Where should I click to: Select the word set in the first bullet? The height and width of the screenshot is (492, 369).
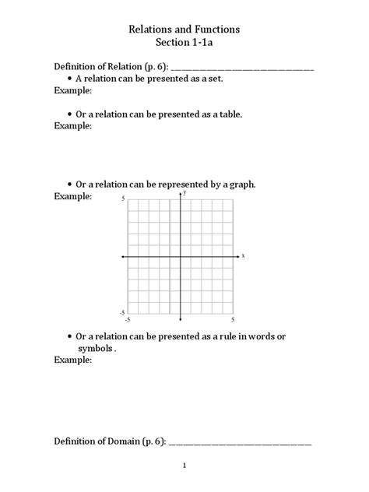click(x=216, y=79)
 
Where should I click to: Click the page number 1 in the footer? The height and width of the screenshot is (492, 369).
click(x=184, y=467)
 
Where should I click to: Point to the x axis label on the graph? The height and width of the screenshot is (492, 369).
click(x=243, y=255)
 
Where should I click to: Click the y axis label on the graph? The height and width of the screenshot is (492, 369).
click(x=184, y=193)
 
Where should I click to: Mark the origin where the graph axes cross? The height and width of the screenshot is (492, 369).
click(x=181, y=255)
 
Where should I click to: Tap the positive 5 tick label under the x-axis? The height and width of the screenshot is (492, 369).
click(x=233, y=319)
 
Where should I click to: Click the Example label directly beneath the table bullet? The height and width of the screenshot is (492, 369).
click(x=72, y=125)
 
